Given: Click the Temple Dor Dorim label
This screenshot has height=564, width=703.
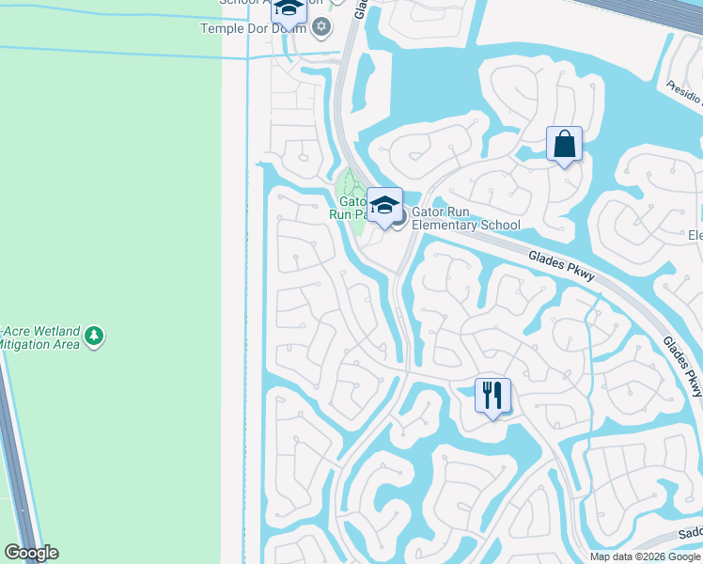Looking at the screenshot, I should tap(254, 28).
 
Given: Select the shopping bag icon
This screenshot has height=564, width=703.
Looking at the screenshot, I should tap(564, 144).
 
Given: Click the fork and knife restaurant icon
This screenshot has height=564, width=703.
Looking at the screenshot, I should tap(492, 395).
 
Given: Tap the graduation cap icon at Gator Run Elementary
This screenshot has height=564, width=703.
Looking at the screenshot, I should tap(384, 205).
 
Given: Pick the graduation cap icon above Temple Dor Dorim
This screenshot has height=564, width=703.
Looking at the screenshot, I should tap(289, 9).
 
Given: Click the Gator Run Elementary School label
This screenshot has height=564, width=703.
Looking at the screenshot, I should tap(465, 219).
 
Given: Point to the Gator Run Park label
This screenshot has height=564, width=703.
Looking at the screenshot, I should tap(351, 208).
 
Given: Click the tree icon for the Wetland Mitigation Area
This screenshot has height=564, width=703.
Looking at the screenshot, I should tap(93, 336).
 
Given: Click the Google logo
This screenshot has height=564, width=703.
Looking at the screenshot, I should tap(31, 553).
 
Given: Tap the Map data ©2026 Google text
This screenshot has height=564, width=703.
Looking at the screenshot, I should tap(645, 556).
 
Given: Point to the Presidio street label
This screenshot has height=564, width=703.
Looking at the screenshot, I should tap(684, 92).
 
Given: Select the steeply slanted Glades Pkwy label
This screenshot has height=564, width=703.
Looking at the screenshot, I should tap(682, 366).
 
